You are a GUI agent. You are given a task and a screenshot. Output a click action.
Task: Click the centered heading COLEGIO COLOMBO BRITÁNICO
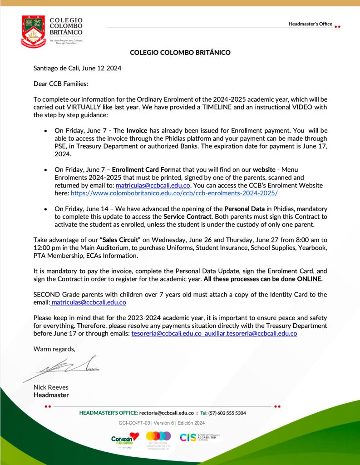point(180,52)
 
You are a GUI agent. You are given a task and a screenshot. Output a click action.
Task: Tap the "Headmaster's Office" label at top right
point(310,24)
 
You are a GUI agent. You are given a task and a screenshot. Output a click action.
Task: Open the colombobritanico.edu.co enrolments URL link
point(174,193)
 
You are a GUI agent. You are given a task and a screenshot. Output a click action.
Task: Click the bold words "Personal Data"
point(245,208)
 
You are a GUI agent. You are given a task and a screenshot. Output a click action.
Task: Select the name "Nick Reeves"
point(51,387)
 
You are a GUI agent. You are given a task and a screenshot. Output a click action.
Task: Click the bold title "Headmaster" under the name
point(51,395)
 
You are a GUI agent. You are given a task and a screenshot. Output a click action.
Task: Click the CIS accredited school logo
point(200,437)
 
